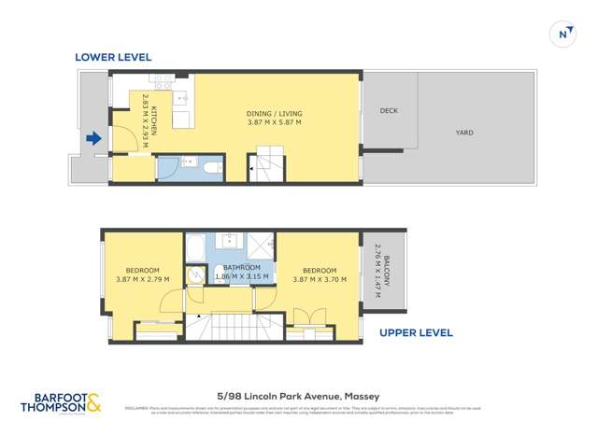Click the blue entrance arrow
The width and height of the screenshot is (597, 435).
pos(93,139)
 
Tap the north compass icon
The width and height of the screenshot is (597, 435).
pos(563,34)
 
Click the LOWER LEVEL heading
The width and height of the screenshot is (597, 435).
pos(114,58)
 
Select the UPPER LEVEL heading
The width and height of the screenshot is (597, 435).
pos(416,332)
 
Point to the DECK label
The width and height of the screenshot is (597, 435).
pos(389,111)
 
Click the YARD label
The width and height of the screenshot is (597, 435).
pos(463,133)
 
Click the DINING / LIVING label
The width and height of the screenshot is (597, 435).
pos(275,114)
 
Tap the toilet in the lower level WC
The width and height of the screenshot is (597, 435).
pos(211,169)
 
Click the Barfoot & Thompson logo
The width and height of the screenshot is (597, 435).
pos(63,403)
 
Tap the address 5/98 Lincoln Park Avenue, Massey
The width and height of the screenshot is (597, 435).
pos(298,396)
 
